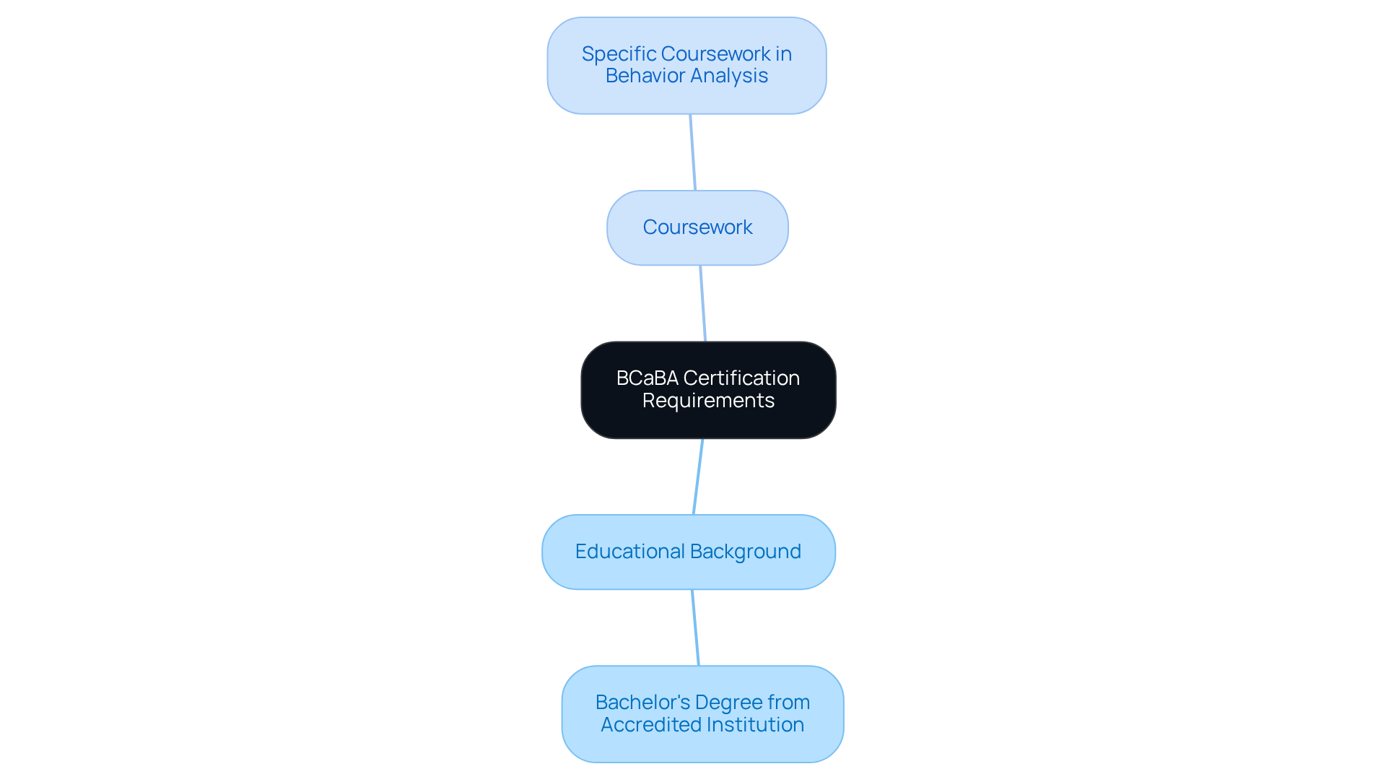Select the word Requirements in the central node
tap(708, 401)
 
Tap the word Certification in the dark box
tap(741, 378)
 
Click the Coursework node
tap(697, 227)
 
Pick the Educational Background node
tap(688, 552)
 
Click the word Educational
tap(629, 552)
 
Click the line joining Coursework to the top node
tap(693, 152)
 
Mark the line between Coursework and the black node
tap(703, 303)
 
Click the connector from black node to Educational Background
tap(698, 477)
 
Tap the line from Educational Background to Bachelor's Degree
tap(695, 627)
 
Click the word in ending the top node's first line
tap(784, 54)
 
